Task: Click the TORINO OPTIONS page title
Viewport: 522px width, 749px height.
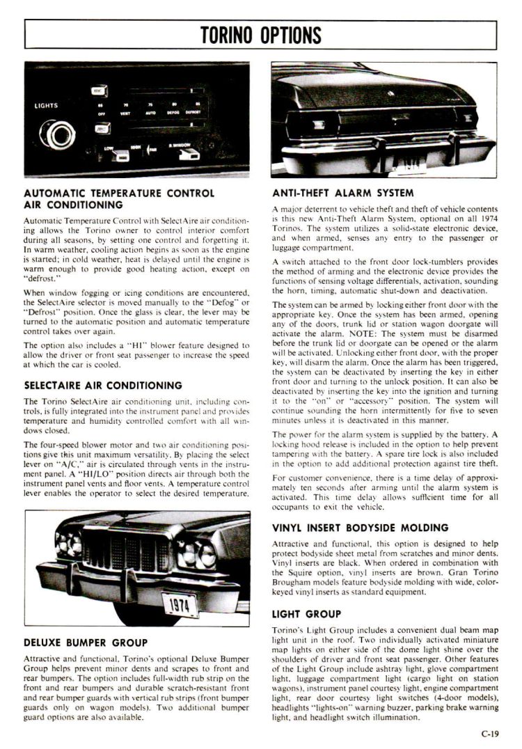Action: (261, 33)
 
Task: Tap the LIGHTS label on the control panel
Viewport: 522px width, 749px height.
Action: (47, 106)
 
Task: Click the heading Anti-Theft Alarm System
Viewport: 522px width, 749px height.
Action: (342, 193)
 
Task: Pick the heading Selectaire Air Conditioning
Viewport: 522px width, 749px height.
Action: (103, 385)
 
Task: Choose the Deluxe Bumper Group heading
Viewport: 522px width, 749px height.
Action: (86, 642)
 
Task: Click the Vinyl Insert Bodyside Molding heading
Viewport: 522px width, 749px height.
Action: (361, 528)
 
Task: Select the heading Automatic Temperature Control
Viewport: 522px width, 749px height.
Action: (118, 193)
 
